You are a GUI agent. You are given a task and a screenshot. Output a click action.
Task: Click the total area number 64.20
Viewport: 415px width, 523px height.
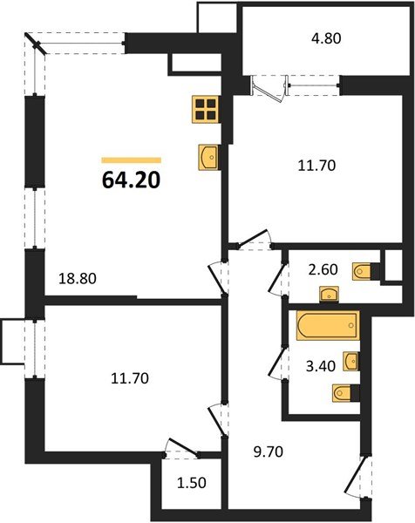coord(132,181)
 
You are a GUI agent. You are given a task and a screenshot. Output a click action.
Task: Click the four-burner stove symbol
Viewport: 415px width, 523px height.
coord(207,110)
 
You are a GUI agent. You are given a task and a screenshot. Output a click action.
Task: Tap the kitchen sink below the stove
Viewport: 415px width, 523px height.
coord(208,157)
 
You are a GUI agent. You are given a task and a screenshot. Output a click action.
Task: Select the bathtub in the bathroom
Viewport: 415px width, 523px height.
coord(327,327)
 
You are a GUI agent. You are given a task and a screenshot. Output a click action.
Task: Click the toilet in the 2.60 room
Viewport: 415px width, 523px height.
coord(363,270)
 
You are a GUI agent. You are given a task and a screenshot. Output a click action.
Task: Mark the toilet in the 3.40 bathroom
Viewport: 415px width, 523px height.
coord(344,393)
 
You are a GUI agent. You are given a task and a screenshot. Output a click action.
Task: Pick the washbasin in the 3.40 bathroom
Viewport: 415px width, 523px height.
coord(351,359)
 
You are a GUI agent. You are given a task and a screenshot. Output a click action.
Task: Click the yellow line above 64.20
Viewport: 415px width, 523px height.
coord(132,160)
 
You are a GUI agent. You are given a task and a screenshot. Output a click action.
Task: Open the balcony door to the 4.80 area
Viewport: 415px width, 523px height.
coord(266,88)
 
